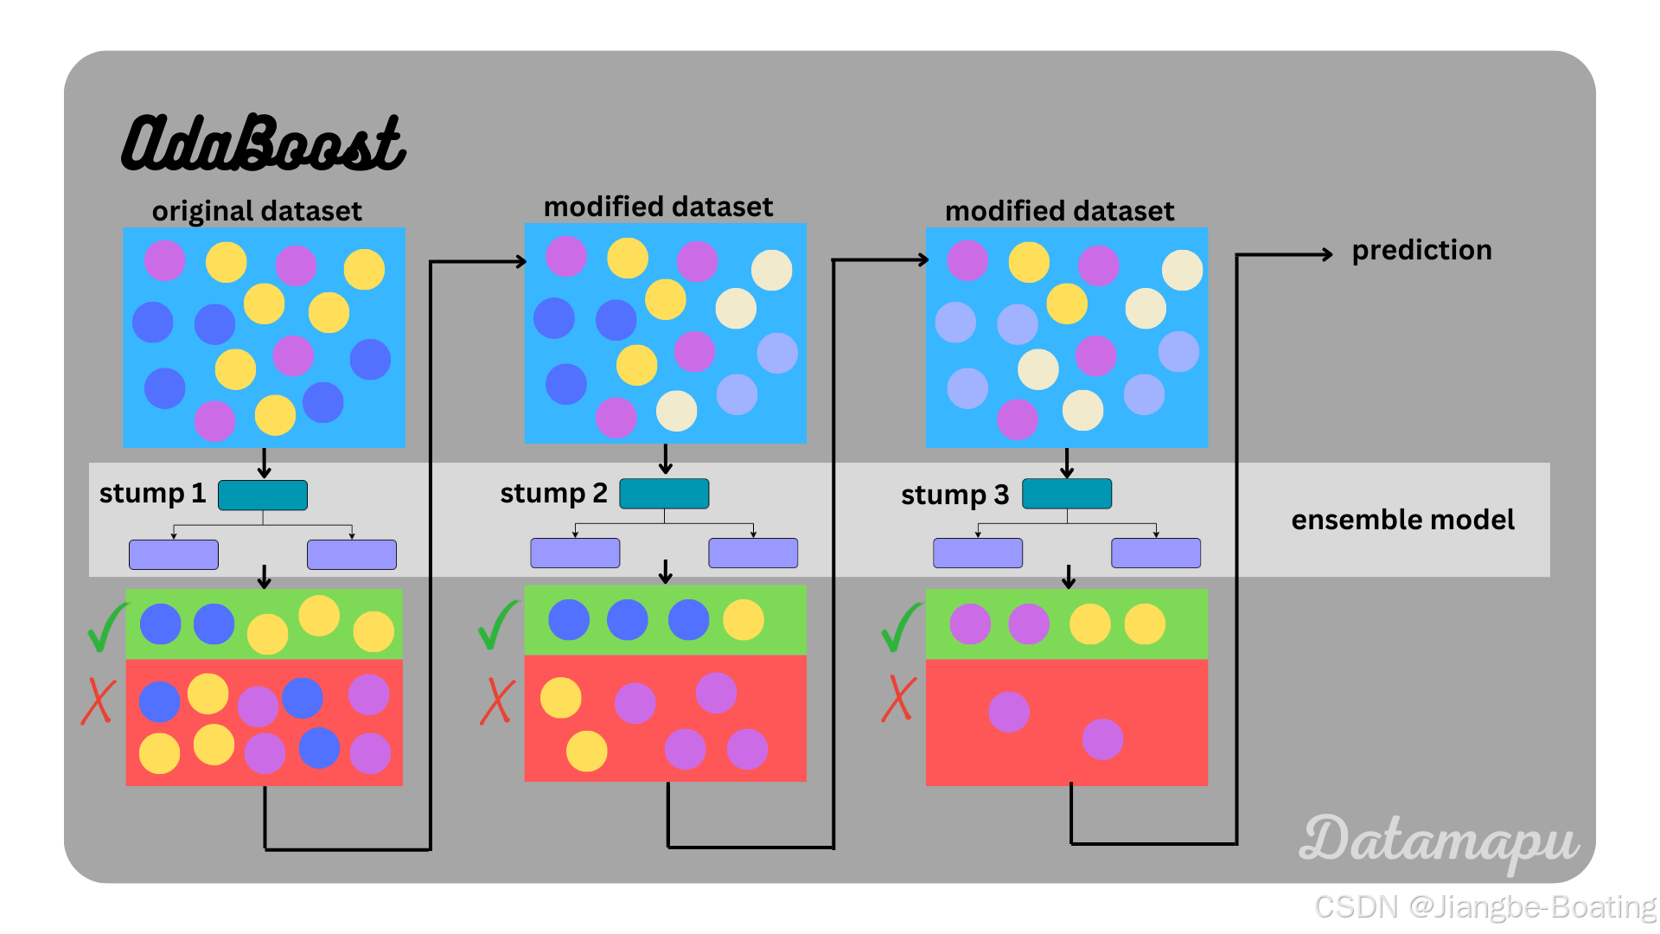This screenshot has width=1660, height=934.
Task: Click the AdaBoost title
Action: [264, 142]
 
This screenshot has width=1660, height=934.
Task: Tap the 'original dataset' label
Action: [257, 211]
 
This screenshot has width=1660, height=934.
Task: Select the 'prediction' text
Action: [1421, 250]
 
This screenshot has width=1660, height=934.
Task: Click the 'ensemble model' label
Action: [1402, 520]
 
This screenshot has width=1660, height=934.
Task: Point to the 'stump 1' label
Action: [152, 493]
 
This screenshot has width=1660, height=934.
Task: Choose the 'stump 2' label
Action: [553, 493]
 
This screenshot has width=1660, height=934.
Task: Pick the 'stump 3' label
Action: [954, 495]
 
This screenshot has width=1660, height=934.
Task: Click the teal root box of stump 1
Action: [263, 496]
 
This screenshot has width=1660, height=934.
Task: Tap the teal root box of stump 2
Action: [664, 494]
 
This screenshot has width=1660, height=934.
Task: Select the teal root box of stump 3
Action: [1067, 494]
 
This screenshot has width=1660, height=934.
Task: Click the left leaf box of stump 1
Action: [174, 554]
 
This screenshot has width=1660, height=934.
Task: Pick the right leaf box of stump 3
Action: [1156, 553]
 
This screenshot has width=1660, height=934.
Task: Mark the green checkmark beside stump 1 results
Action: [106, 627]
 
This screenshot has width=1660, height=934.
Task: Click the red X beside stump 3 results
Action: [898, 698]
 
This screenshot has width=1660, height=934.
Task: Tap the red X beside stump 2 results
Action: [497, 700]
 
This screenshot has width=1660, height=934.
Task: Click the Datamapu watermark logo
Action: [1439, 841]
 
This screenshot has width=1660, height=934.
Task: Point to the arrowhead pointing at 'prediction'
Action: [1326, 254]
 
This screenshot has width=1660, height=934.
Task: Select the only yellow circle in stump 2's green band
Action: [744, 620]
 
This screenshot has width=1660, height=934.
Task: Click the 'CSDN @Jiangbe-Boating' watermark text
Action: [1484, 906]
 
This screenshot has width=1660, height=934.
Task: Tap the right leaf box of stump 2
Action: [753, 553]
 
